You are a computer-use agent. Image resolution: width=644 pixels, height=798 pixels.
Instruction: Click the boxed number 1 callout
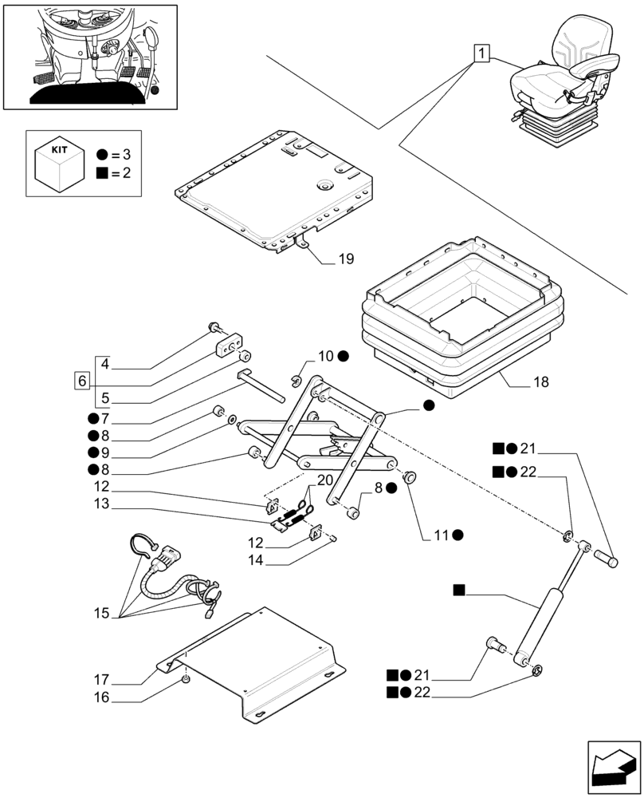point(481,54)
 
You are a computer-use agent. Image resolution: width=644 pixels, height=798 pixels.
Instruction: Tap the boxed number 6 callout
point(83,380)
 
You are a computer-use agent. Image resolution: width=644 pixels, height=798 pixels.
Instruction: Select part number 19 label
point(345,259)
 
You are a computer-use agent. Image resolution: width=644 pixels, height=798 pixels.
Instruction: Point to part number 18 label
point(540,384)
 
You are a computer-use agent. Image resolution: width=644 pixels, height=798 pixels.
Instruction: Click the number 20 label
point(324,480)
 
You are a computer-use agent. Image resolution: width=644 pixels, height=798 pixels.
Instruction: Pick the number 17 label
point(100,681)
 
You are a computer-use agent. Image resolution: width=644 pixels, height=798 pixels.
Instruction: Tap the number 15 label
point(100,614)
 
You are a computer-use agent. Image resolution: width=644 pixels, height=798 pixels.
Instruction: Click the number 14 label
point(255,562)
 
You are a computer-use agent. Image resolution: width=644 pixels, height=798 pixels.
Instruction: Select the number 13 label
point(100,504)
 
